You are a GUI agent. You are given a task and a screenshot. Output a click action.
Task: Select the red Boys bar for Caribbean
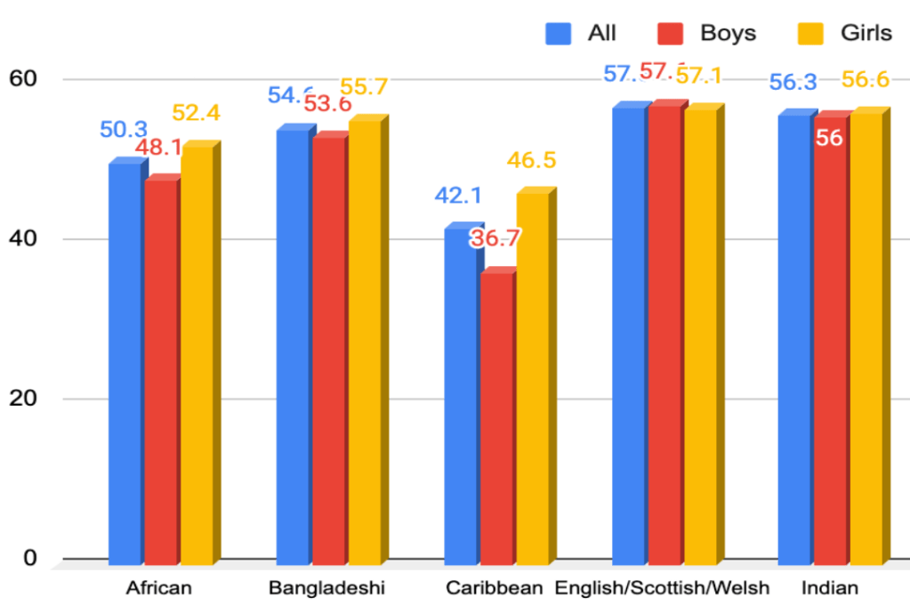click(496, 418)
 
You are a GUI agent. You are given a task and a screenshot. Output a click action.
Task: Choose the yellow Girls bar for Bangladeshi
click(365, 343)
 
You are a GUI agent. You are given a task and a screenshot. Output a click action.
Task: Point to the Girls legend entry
click(849, 34)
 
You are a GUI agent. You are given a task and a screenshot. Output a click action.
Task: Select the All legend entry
click(582, 34)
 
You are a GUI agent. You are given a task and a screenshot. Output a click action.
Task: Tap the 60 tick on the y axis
click(24, 79)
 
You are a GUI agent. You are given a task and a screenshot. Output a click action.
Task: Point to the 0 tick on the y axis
click(29, 558)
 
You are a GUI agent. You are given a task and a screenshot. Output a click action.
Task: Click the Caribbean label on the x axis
click(494, 589)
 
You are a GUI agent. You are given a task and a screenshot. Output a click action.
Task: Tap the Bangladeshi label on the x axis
click(326, 589)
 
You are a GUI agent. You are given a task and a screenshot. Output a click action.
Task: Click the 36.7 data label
click(495, 238)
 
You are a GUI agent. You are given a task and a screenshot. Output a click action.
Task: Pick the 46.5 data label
click(531, 161)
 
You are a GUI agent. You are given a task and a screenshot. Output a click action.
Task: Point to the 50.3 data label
click(124, 130)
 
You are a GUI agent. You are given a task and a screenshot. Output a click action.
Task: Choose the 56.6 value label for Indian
click(866, 80)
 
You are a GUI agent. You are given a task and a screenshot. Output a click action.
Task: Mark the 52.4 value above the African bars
click(195, 113)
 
